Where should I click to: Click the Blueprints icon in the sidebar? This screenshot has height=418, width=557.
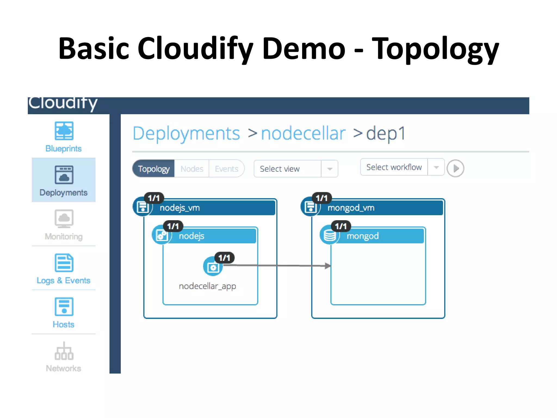pos(64,131)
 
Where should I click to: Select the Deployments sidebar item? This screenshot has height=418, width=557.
pos(64,180)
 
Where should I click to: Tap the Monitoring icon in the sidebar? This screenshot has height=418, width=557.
pos(64,218)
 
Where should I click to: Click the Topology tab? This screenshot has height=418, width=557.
pos(154,169)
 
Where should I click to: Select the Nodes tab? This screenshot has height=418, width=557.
pos(192,169)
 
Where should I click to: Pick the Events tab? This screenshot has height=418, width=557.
pos(226,169)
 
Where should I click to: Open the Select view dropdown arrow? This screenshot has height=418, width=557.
pos(330,169)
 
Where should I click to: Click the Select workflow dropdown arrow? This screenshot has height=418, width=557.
pos(436,167)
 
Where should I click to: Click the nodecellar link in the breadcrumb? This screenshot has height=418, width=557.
pos(303,133)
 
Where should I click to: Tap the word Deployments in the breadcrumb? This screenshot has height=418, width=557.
pos(186,133)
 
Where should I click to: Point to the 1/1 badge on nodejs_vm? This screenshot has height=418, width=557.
pos(154,198)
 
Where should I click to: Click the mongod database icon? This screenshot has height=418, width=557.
pos(330,235)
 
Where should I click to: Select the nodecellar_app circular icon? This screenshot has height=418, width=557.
pos(213,267)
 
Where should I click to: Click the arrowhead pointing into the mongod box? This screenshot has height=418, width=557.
pos(328,266)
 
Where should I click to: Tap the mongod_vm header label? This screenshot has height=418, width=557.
pos(351,208)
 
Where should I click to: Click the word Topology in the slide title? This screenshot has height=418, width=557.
pos(435,49)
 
